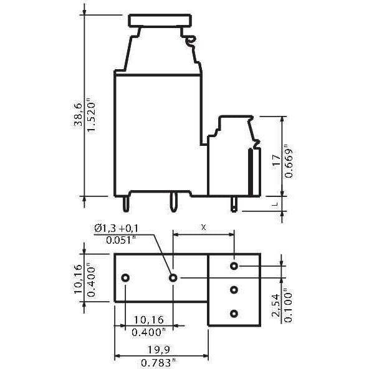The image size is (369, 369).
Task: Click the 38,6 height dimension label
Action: point(78,115)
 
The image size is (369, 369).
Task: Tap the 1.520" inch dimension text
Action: point(91,117)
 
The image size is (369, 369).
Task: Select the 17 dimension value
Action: point(277,161)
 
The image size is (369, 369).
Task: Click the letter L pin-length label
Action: point(275,204)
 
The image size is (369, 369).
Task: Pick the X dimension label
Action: point(204,228)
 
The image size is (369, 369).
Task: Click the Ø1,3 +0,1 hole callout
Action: point(117,228)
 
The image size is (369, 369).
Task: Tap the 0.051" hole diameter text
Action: point(121,240)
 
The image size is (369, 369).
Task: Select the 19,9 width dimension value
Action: point(158,350)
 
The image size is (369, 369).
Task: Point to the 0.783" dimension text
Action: point(158,362)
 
